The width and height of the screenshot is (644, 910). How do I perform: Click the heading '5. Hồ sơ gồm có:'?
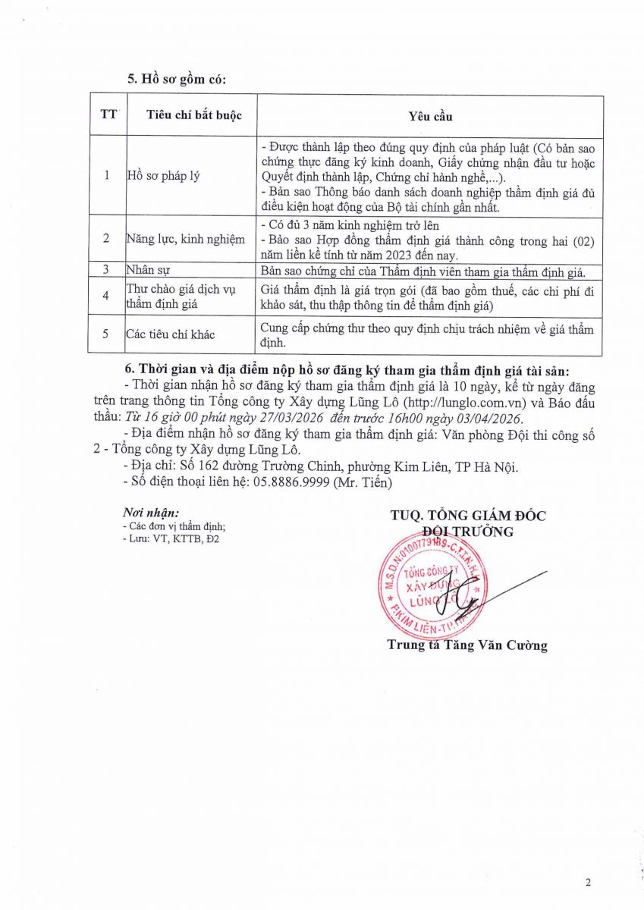point(176,78)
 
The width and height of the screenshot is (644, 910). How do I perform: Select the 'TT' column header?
point(108,115)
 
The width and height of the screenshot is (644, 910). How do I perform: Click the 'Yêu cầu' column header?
point(430,116)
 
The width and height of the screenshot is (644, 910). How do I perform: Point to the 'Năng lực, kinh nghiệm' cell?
point(186,239)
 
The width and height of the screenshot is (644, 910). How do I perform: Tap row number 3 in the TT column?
point(107,269)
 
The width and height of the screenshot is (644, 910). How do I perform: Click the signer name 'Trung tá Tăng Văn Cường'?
point(467,646)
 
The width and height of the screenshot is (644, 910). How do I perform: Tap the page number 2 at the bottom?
point(587,882)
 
